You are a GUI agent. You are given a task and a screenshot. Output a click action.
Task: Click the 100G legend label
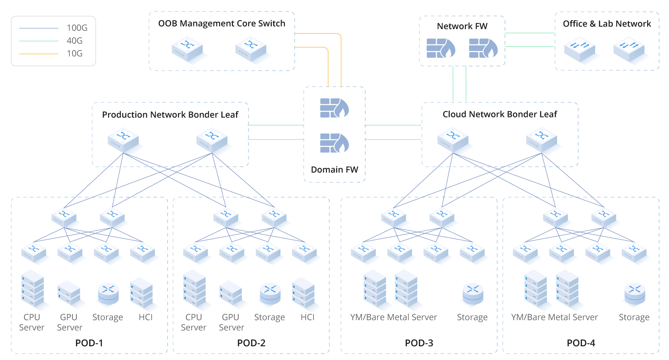pyautogui.click(x=77, y=28)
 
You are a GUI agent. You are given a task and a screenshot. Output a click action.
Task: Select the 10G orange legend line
pyautogui.click(x=39, y=54)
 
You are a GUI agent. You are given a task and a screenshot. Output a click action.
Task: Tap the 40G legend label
pyautogui.click(x=74, y=41)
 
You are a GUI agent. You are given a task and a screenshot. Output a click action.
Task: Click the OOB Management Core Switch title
pyautogui.click(x=221, y=24)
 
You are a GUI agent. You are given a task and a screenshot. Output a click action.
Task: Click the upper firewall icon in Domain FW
pyautogui.click(x=334, y=108)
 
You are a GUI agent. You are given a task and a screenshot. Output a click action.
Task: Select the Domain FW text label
pyautogui.click(x=334, y=170)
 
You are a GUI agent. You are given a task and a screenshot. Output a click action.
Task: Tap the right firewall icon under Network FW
pyautogui.click(x=483, y=48)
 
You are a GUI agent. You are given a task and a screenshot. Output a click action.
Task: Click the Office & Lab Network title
pyautogui.click(x=606, y=24)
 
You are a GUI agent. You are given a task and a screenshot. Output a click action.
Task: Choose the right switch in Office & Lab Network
pyautogui.click(x=629, y=50)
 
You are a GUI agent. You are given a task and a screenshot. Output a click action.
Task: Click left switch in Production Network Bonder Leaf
pyautogui.click(x=124, y=140)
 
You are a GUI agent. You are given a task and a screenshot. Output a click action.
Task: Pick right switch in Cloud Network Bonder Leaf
pyautogui.click(x=542, y=140)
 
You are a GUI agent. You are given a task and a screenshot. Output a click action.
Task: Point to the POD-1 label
pyautogui.click(x=89, y=343)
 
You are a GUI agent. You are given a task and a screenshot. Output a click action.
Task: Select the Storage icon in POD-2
pyautogui.click(x=270, y=294)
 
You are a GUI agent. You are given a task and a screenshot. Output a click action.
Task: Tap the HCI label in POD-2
pyautogui.click(x=307, y=318)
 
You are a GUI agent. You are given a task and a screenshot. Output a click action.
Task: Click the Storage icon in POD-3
pyautogui.click(x=473, y=294)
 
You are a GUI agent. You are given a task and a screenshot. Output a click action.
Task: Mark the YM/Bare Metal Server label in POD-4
pyautogui.click(x=554, y=318)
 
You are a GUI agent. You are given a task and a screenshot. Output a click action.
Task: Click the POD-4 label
pyautogui.click(x=581, y=343)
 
